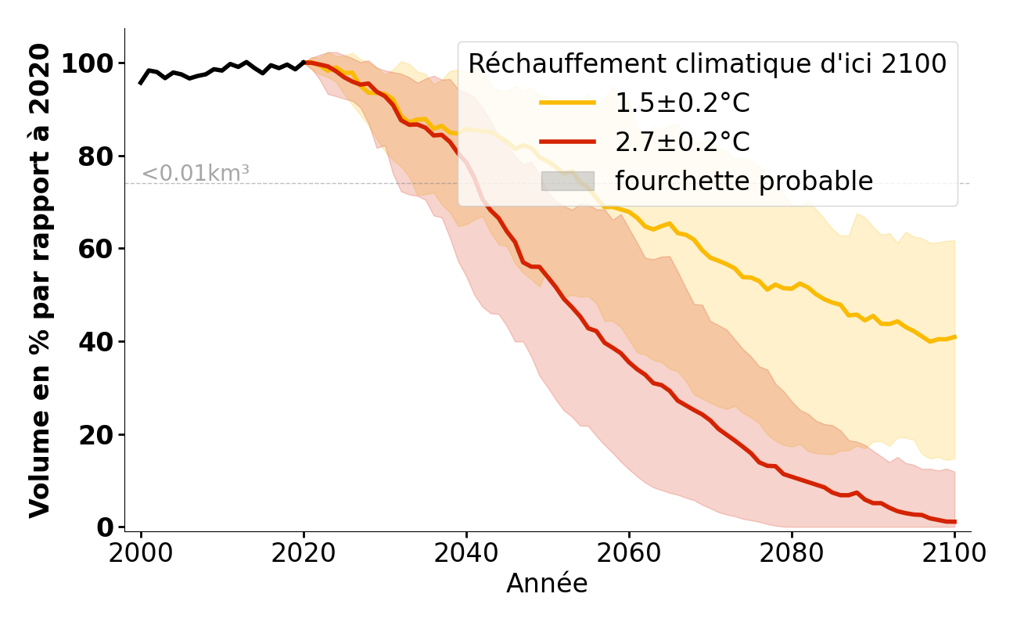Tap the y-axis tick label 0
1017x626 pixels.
click(106, 527)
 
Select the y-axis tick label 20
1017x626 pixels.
click(96, 435)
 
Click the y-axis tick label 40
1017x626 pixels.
click(96, 342)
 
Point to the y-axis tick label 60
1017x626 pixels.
click(96, 249)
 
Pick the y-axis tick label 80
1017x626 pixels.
click(96, 156)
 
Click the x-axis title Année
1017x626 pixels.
click(547, 584)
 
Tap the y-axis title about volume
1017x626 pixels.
click(41, 280)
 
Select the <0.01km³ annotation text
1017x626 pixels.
click(196, 174)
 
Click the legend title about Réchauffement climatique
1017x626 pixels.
click(707, 63)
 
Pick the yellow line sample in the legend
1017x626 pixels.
click(568, 103)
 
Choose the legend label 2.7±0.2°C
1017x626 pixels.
click(682, 142)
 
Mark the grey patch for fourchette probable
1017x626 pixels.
click(568, 181)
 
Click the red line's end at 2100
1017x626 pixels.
click(954, 522)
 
